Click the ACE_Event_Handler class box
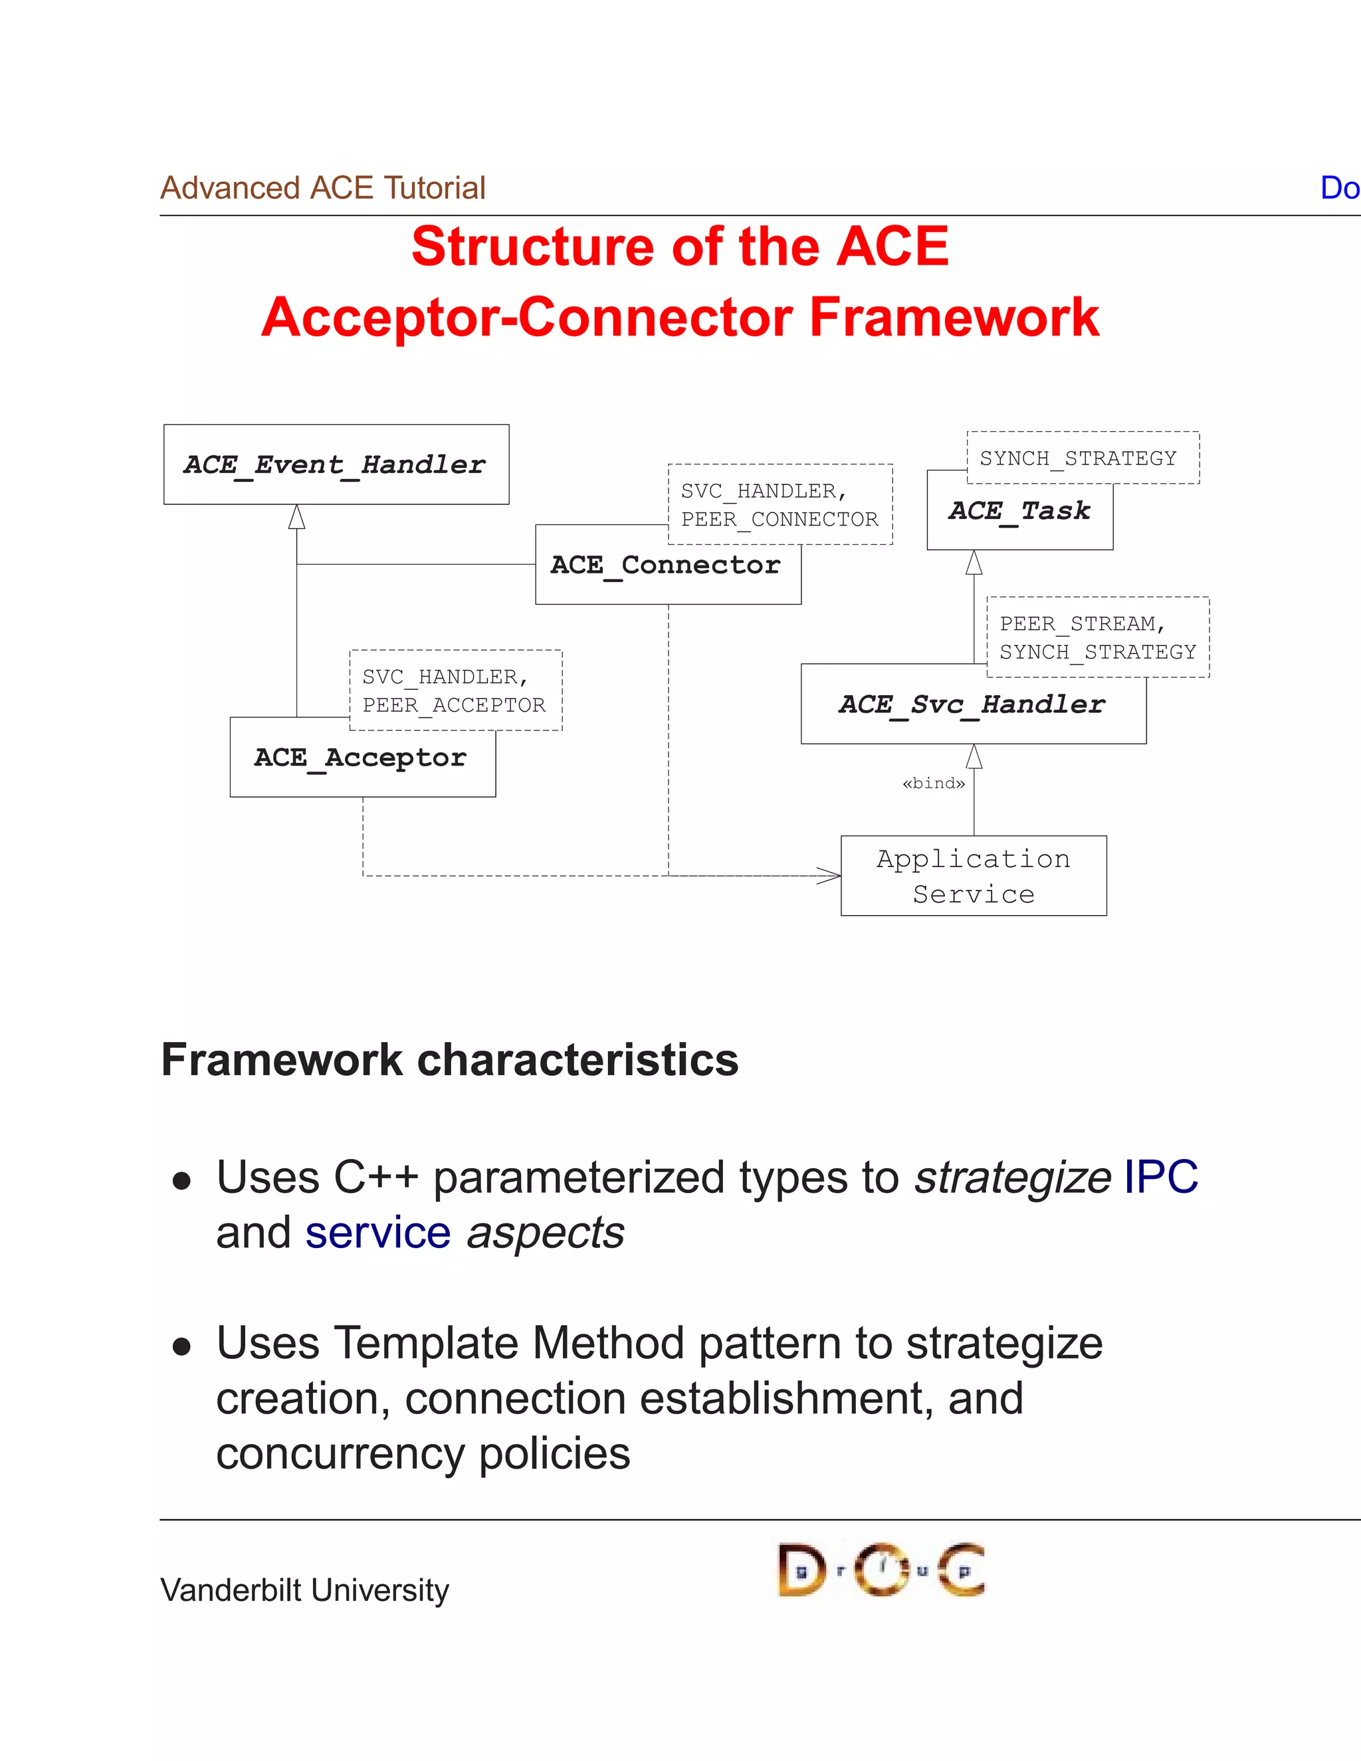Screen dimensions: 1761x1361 click(336, 465)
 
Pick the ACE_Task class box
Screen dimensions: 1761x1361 click(1019, 511)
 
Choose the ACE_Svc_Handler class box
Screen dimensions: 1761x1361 click(972, 704)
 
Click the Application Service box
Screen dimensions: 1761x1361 click(973, 876)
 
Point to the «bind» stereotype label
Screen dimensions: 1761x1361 click(934, 783)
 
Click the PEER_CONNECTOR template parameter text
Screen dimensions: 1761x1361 click(780, 519)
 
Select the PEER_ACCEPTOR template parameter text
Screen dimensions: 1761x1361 click(454, 706)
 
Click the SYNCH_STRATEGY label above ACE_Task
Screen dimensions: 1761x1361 click(1078, 458)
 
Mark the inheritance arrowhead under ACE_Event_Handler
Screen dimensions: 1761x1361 click(296, 517)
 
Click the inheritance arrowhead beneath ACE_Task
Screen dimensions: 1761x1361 click(974, 562)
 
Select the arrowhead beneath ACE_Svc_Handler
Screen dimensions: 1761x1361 click(974, 756)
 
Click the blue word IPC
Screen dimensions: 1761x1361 click(1160, 1178)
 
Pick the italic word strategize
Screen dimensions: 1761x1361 click(1013, 1178)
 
